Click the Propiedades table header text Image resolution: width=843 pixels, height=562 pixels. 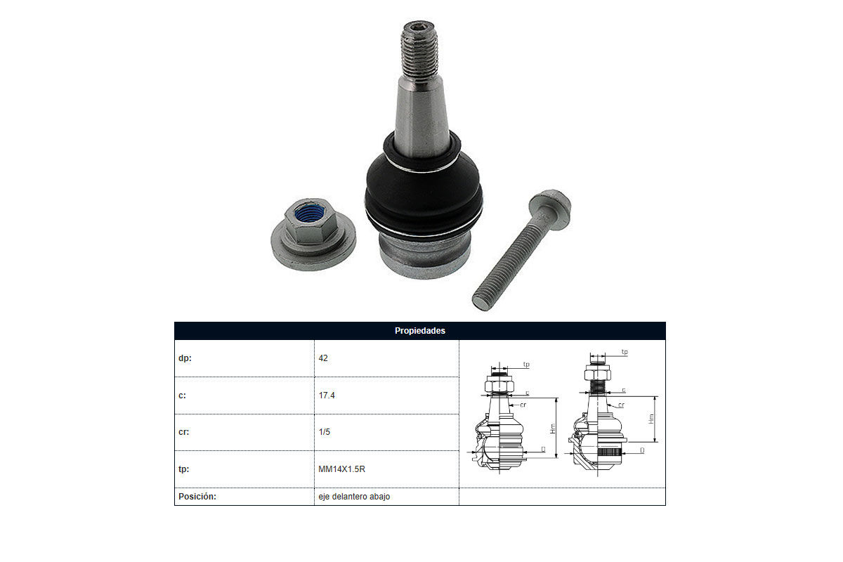point(419,330)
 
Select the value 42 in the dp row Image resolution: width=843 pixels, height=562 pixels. point(323,358)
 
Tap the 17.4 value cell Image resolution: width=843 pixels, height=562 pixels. point(326,396)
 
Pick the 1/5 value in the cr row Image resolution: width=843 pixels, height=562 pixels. point(324,432)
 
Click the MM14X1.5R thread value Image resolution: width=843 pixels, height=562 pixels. point(341,469)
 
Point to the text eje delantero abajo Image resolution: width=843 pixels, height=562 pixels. point(354,497)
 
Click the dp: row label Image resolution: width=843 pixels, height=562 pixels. point(185,358)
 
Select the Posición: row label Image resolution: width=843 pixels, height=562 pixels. point(197,497)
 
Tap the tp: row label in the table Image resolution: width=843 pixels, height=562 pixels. point(183,469)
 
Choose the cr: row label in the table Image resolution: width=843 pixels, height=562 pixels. point(183,432)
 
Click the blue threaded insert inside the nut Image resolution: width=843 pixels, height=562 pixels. point(309,214)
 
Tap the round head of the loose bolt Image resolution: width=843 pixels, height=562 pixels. point(550,209)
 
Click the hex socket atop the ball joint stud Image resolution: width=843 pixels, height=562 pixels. point(418,27)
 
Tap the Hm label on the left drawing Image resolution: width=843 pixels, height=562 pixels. point(552,429)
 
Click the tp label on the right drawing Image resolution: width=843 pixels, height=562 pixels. point(625,352)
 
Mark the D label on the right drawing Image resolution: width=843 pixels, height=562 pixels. point(642,450)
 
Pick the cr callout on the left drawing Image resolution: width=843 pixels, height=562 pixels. point(523,405)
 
